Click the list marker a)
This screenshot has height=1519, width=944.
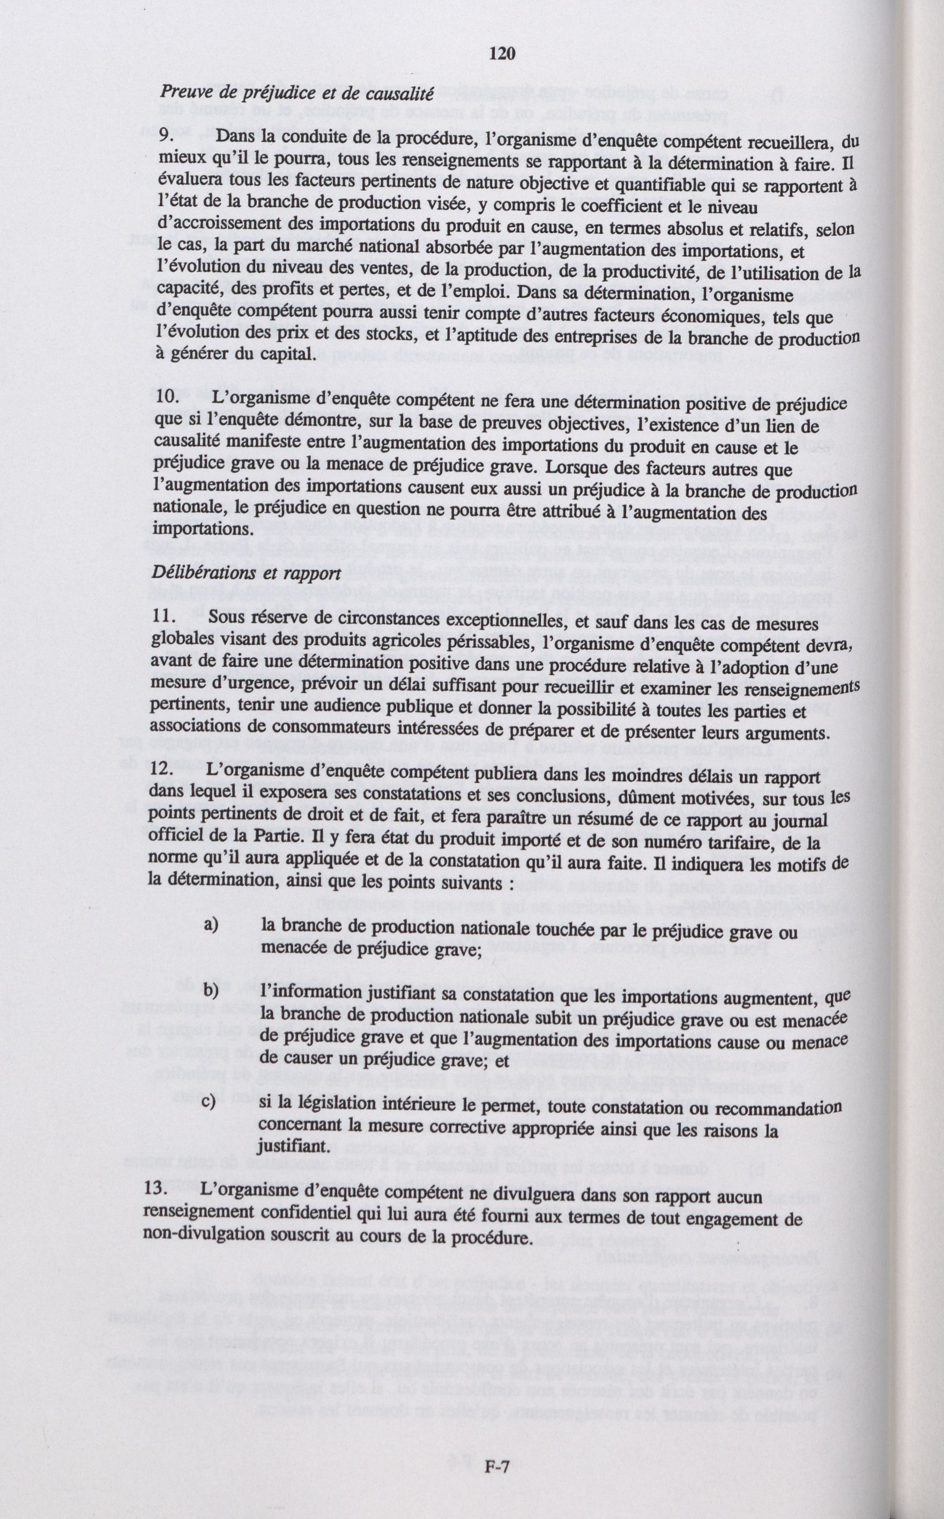pyautogui.click(x=211, y=924)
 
